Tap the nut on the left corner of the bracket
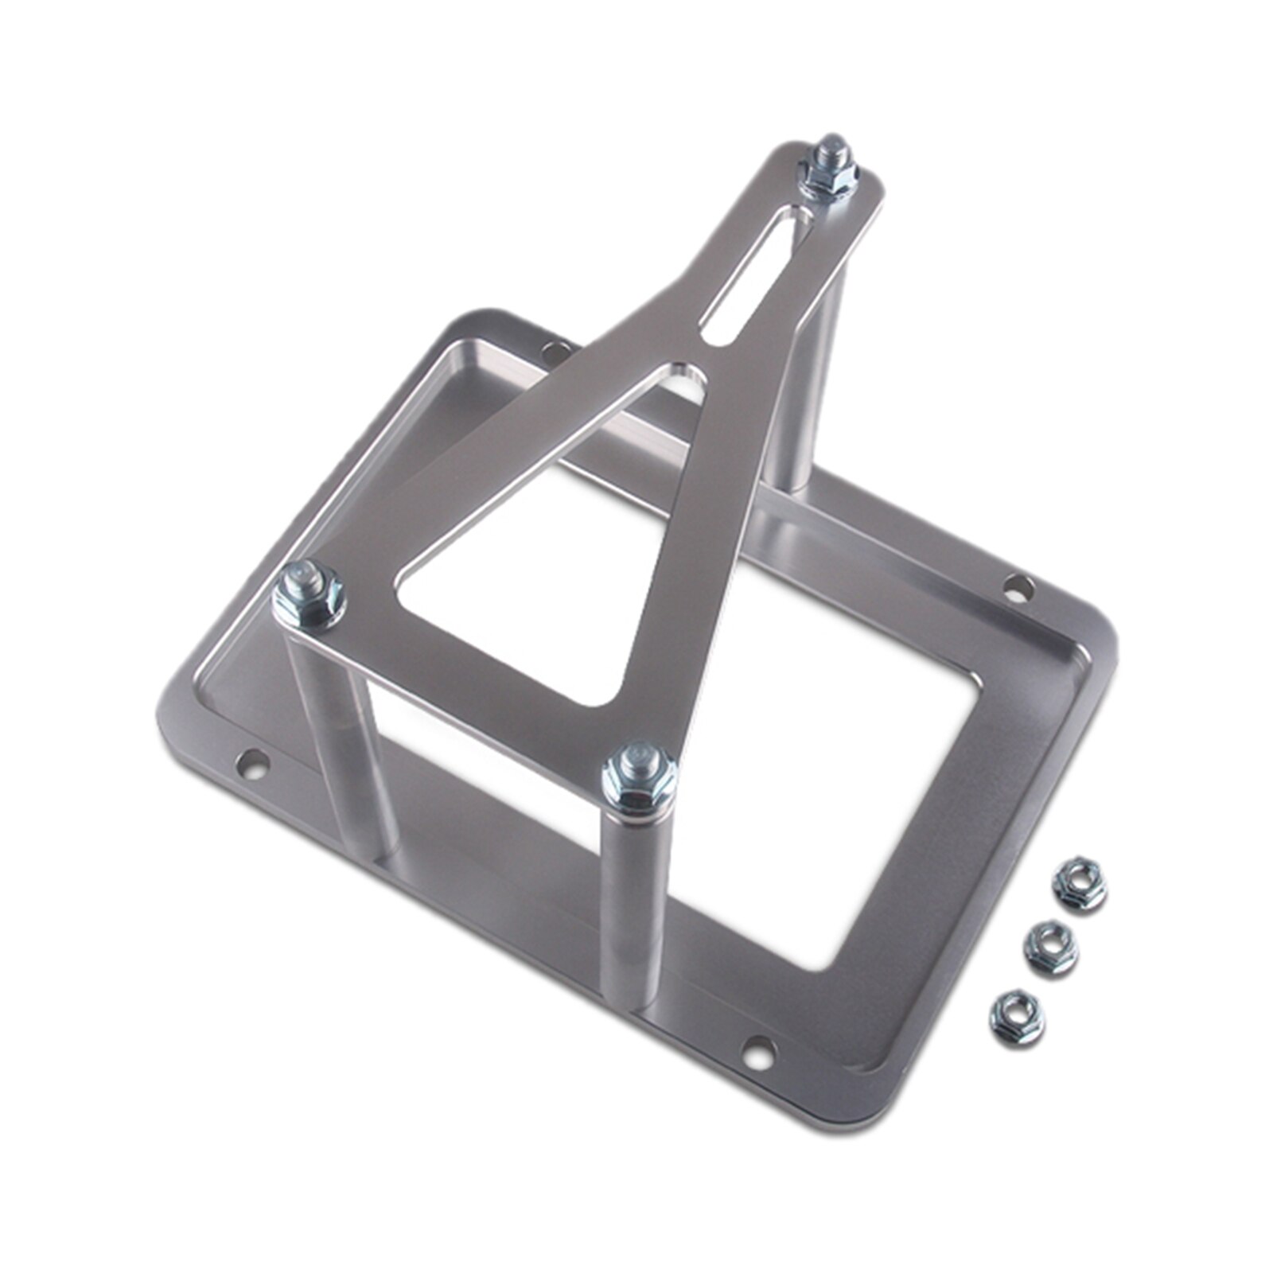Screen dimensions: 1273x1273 (309, 595)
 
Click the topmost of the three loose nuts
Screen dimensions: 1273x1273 (1079, 884)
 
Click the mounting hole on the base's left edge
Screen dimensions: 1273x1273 (254, 764)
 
